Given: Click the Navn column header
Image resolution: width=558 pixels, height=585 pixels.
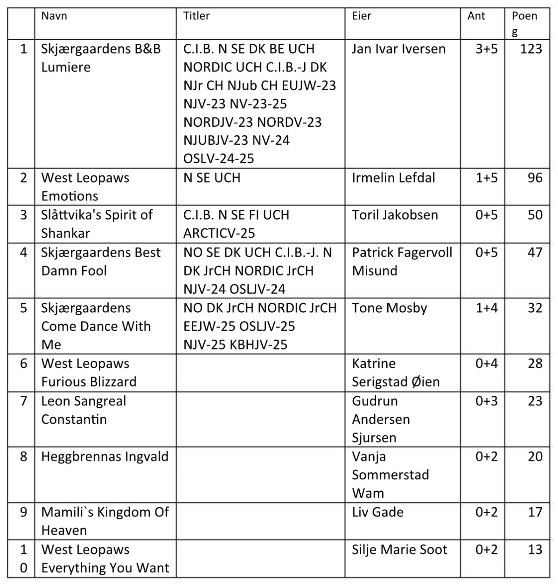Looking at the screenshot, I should [54, 16].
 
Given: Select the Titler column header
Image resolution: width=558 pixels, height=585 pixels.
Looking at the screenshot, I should [196, 16].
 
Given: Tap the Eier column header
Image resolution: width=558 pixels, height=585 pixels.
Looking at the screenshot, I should [362, 16].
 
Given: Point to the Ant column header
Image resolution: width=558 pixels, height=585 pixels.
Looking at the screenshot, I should [476, 16].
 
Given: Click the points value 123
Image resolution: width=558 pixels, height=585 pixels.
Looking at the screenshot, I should [531, 48].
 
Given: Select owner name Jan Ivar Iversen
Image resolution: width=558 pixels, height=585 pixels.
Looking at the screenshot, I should [398, 48].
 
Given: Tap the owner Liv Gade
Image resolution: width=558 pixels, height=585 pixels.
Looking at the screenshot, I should [377, 512].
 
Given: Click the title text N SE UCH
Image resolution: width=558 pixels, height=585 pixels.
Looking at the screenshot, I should [212, 178].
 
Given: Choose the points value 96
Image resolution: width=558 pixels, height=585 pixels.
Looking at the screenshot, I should [535, 178].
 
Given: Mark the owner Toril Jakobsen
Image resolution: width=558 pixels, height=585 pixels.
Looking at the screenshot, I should [395, 215].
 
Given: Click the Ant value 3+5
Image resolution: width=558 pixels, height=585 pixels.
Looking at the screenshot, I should [487, 48].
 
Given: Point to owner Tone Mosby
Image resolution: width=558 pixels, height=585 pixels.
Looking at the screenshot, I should [390, 308].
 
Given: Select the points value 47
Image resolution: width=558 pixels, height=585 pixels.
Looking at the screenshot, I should [535, 252].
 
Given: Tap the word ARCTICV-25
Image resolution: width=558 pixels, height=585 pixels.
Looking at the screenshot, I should [219, 233].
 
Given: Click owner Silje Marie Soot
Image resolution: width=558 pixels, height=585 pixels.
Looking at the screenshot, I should [399, 550].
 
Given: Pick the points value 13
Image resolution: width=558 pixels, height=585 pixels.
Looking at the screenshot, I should [535, 550].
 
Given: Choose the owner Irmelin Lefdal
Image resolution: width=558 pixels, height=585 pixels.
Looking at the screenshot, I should [393, 178].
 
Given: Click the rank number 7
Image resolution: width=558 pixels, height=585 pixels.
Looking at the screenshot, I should [24, 401].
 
